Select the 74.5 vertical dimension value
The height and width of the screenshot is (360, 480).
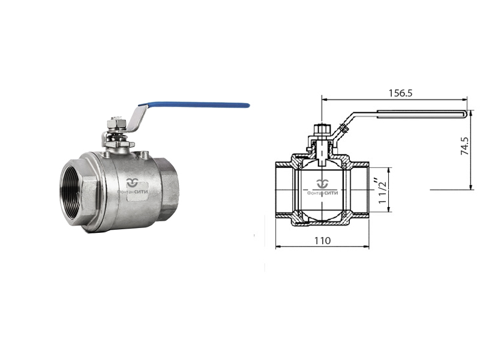coord(464,146)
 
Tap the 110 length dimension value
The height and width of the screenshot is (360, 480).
coord(322,241)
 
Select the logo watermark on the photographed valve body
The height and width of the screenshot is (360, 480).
coord(133,186)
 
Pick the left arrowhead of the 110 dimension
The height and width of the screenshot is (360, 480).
coord(278,247)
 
